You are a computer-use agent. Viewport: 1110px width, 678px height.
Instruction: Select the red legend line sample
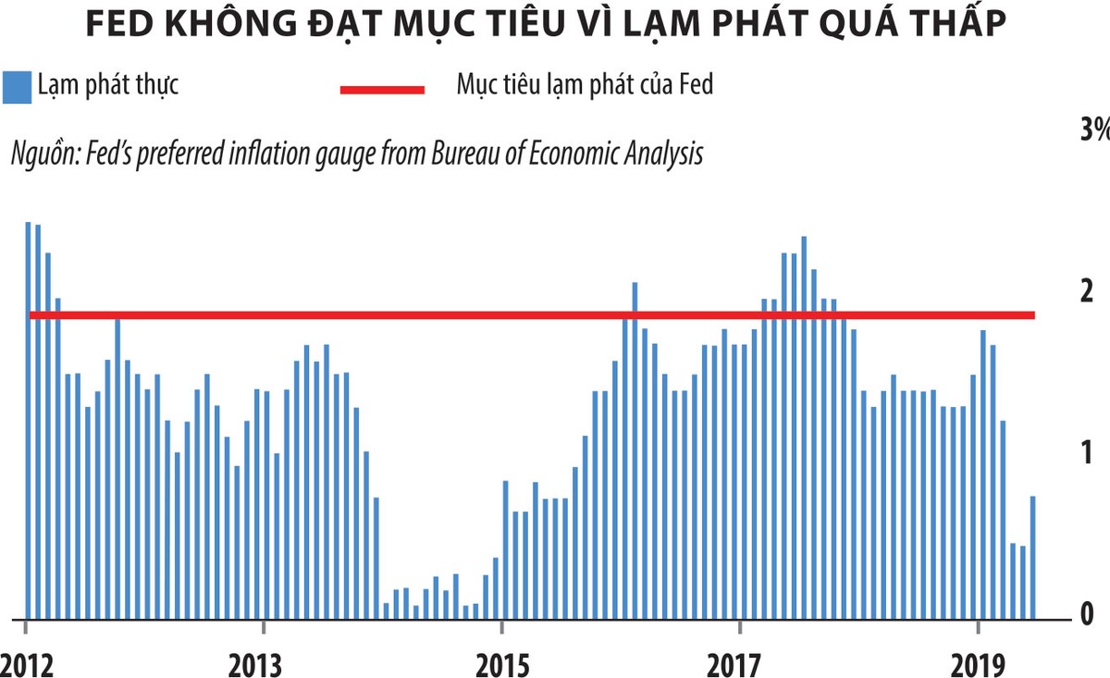point(382,89)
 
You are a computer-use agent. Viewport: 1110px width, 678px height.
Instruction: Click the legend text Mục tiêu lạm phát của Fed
point(585,86)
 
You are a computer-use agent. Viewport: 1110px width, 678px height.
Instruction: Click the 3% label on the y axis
point(1093,130)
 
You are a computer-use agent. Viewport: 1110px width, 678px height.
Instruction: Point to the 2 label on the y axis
point(1087,290)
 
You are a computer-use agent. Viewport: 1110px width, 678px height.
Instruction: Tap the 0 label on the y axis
point(1087,613)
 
